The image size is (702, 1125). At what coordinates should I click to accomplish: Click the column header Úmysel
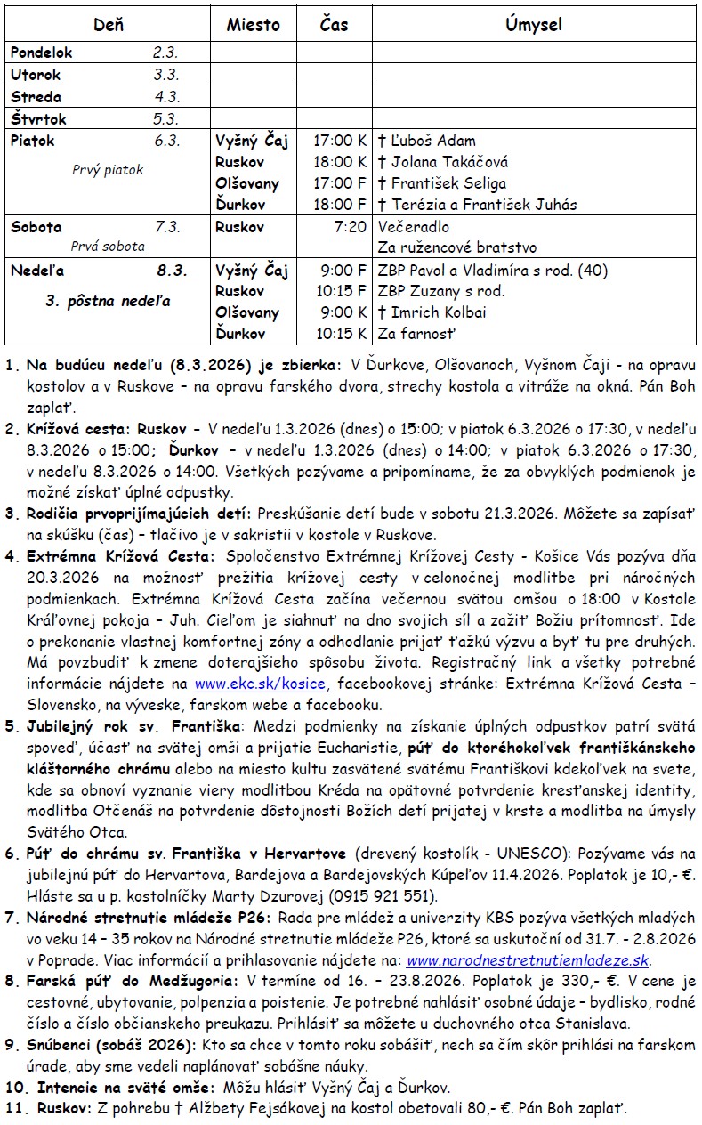(x=533, y=25)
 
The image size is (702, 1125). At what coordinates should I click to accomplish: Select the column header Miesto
(x=253, y=25)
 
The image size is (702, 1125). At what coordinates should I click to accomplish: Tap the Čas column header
(x=334, y=25)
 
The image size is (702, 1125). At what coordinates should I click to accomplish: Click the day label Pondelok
(x=41, y=53)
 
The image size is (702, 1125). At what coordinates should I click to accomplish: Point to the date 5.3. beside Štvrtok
(x=165, y=118)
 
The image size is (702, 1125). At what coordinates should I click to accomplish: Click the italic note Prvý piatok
(x=107, y=170)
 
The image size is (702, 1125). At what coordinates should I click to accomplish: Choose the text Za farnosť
(x=416, y=334)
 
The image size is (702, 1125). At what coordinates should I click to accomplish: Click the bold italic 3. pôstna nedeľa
(x=108, y=301)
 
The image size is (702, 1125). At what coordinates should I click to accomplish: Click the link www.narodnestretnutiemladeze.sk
(x=529, y=960)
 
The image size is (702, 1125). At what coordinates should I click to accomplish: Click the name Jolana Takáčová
(x=442, y=162)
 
